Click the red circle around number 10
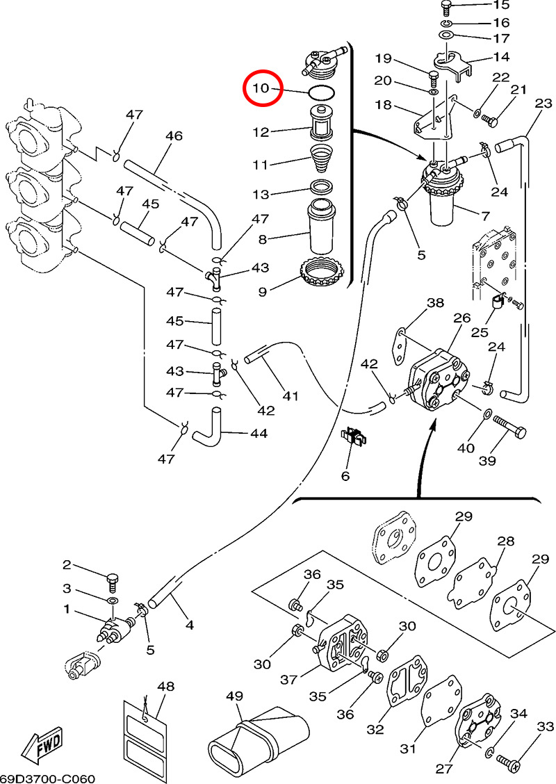coord(261,88)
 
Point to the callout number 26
coord(463,318)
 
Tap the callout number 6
coord(345,476)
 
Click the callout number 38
coord(435,303)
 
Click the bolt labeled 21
coord(491,121)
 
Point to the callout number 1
coord(67,610)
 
